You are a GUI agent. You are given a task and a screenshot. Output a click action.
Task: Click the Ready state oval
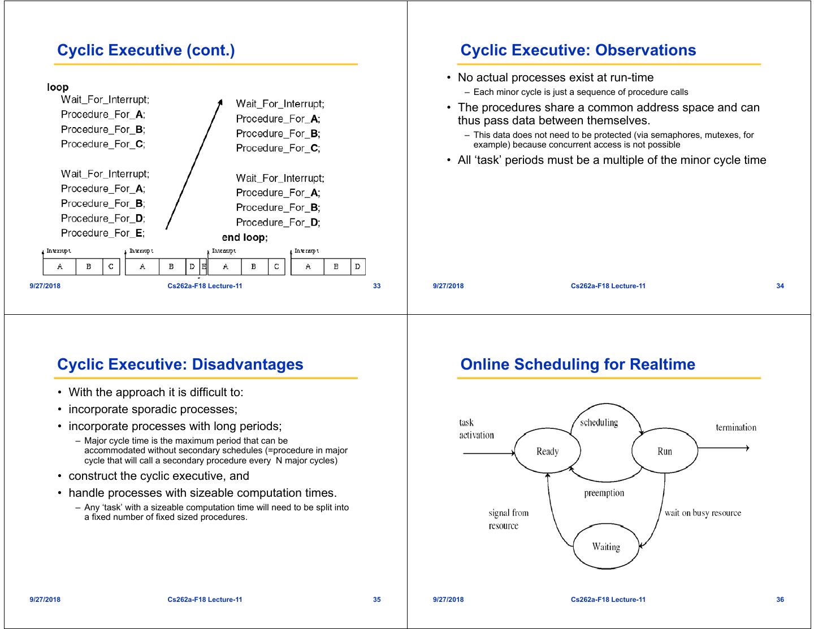coord(547,452)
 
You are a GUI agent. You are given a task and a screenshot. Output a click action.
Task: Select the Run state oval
coord(665,452)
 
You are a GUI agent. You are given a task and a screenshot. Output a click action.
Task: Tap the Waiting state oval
coord(606,547)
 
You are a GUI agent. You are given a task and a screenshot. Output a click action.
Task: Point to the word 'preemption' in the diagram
coord(604,493)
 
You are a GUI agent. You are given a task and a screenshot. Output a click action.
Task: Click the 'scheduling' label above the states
coord(599,423)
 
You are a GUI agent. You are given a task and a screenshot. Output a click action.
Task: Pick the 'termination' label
coord(736,428)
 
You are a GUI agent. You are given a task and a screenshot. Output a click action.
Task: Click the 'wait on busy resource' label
coord(703,513)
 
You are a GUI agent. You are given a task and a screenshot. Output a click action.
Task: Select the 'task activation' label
coord(476,429)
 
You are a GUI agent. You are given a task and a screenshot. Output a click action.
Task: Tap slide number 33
coord(377,286)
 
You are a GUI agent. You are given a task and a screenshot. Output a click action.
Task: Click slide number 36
coord(780,600)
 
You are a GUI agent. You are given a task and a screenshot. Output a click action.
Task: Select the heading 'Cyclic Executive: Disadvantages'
coord(180,365)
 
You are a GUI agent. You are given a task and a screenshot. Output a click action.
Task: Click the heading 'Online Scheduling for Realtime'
coord(578,365)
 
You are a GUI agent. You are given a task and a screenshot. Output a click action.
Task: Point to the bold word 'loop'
coord(58,87)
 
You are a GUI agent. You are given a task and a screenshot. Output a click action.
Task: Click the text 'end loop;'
coord(245,237)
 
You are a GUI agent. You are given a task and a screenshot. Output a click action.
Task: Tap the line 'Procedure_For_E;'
coord(103,233)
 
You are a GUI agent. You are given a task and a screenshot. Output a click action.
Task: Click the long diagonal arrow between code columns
coord(193,164)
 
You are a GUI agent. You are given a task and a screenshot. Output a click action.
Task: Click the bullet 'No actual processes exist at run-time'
coord(555,78)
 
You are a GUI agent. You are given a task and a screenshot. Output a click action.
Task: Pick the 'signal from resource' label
coord(508,519)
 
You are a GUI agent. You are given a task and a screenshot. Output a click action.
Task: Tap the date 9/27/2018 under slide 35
coord(45,600)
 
